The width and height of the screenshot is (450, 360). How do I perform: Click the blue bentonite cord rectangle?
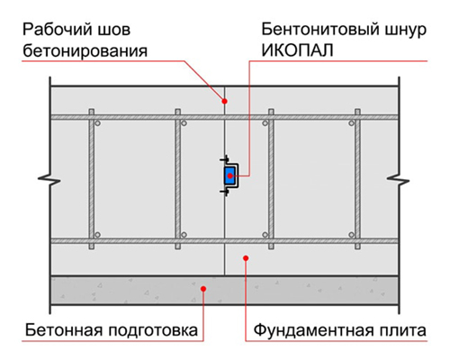230,175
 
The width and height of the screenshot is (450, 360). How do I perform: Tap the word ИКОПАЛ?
297,50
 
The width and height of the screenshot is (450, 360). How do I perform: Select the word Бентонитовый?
319,30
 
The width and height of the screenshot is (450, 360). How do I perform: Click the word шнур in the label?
404,31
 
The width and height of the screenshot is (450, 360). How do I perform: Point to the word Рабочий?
58,30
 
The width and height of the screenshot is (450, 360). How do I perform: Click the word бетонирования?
85,50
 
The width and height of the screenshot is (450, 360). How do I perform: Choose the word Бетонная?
64,330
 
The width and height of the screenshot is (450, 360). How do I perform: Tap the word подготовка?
153,331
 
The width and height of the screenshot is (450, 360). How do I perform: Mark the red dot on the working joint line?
224,102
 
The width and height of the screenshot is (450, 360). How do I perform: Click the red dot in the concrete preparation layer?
203,289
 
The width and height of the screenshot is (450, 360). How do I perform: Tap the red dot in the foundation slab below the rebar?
246,258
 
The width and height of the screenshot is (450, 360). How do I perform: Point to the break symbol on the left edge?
49,180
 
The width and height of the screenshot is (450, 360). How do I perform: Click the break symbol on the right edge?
399,180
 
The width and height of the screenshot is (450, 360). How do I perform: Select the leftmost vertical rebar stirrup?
92,179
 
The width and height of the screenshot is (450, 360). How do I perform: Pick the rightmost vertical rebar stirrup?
357,179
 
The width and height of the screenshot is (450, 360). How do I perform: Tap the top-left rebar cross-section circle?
97,123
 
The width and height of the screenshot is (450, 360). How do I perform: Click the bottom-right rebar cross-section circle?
352,235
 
